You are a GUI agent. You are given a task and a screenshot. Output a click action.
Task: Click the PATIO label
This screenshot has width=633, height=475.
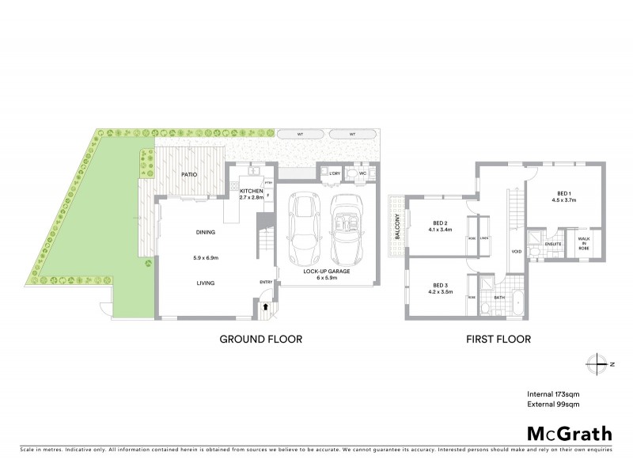coord(188,174)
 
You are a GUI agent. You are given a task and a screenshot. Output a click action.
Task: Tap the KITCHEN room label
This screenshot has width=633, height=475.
coord(252,192)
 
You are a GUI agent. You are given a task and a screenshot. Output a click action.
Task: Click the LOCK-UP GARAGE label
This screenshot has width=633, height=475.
coord(327,272)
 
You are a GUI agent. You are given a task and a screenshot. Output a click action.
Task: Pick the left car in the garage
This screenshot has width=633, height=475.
coord(304,229)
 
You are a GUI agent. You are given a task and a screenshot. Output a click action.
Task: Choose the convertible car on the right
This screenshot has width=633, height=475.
coord(347,229)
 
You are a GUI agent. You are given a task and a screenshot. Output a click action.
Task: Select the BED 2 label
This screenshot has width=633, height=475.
coord(441,222)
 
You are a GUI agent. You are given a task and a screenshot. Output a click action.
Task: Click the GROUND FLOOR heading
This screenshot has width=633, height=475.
coord(260,340)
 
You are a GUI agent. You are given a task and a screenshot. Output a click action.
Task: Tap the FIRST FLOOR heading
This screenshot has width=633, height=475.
coord(498,340)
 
